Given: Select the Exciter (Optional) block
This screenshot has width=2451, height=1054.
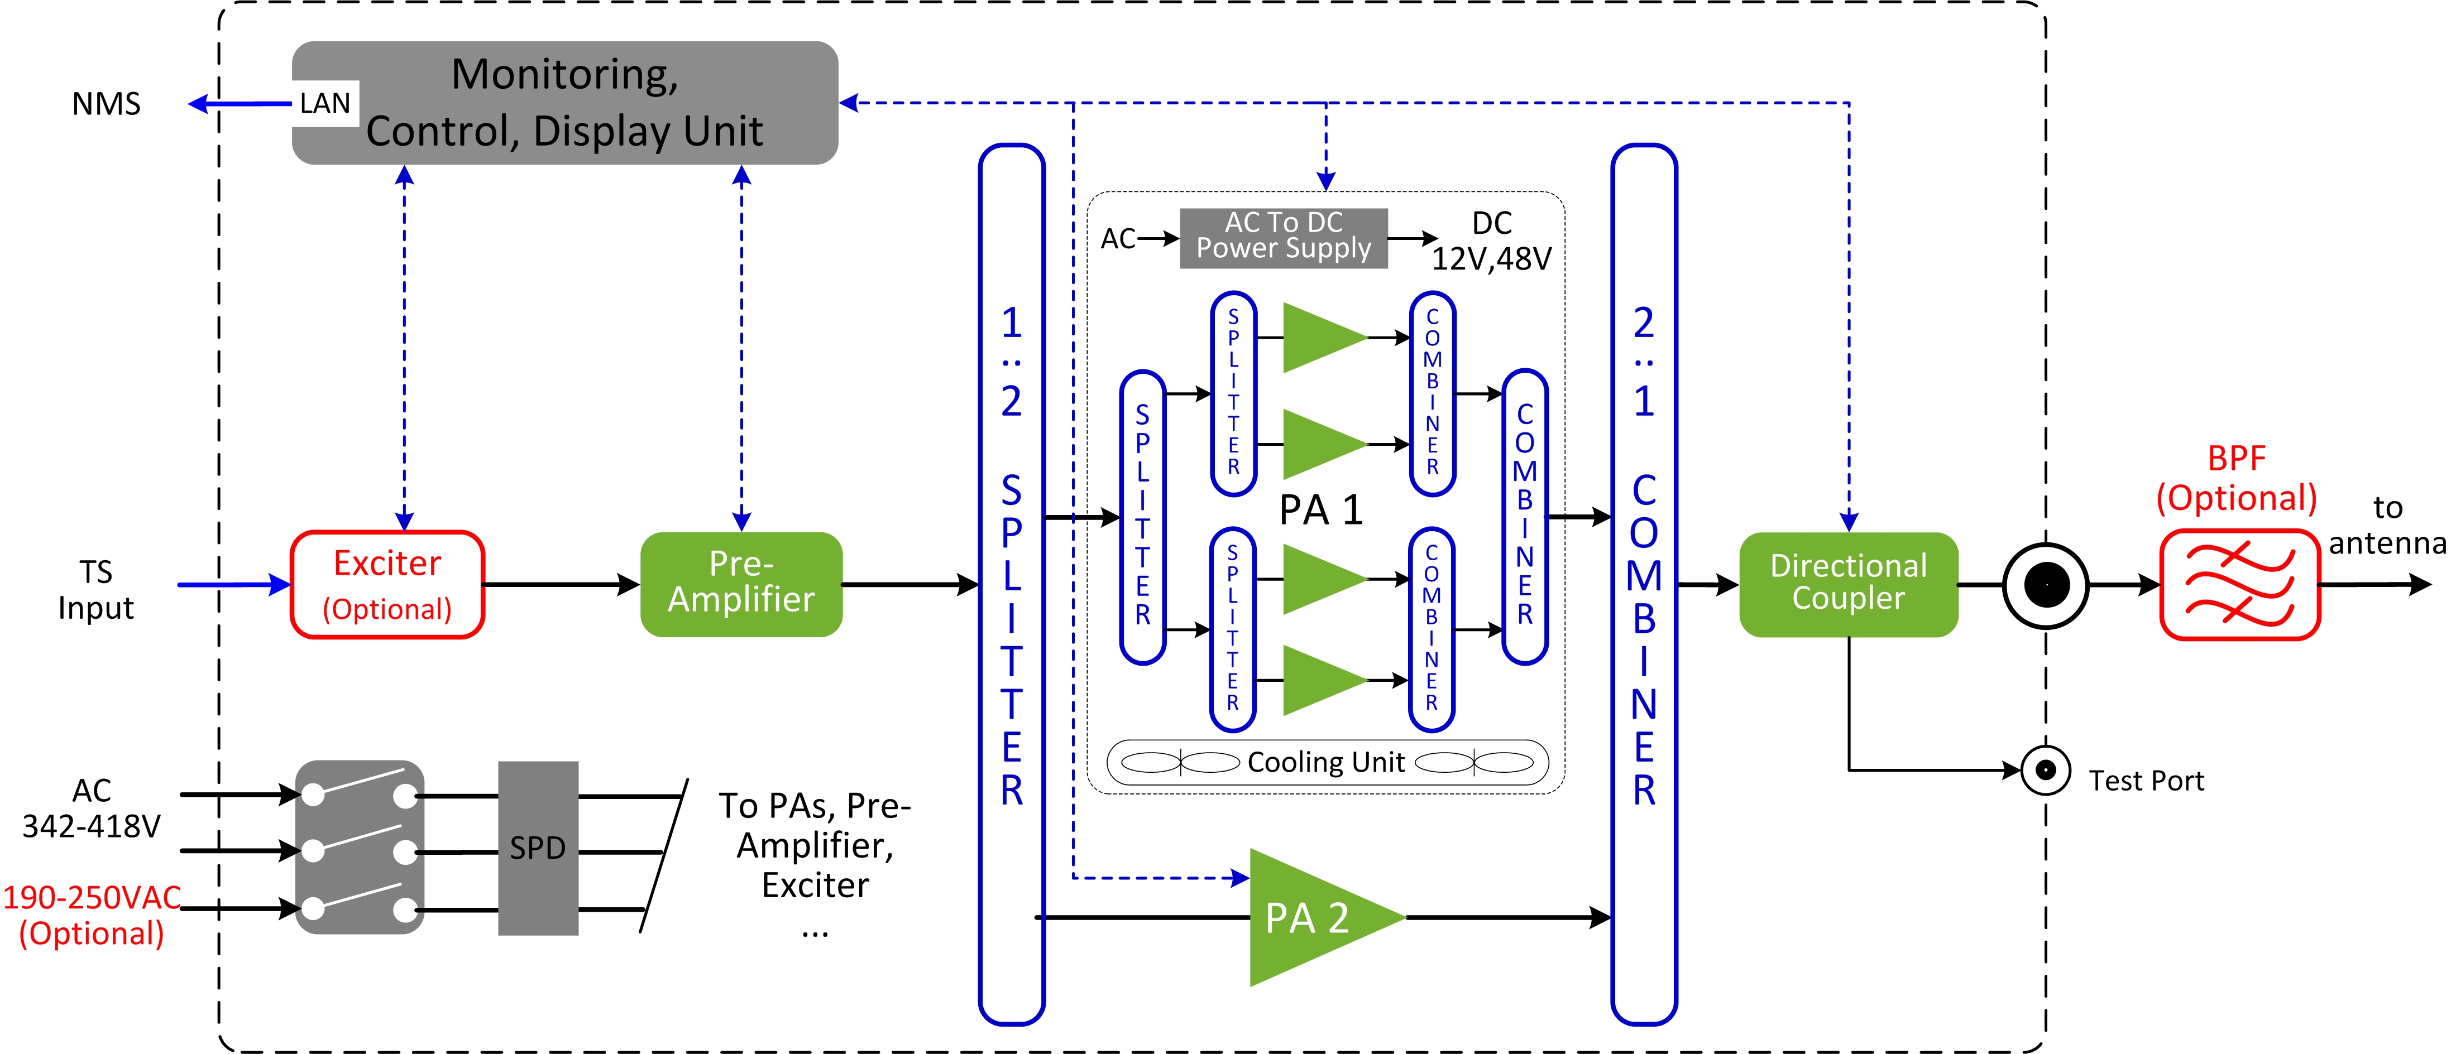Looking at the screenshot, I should coord(387,584).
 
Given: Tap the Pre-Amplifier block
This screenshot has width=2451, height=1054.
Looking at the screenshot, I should coord(741,583).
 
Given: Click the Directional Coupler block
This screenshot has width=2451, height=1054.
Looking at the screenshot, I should coord(1848,583).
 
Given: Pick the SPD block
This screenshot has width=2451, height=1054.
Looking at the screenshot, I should coord(538,848).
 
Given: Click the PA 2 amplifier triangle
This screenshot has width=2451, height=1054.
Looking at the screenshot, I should coord(1313,917).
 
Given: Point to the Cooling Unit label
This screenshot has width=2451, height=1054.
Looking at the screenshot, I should coord(1325,762).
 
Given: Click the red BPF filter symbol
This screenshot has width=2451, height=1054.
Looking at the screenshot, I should coord(2239,584).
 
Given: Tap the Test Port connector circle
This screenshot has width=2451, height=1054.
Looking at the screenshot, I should coord(2045,769).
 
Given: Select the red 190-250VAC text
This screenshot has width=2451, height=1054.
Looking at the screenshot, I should coord(92,898).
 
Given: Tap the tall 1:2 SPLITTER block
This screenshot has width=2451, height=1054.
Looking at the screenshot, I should coord(1012,584).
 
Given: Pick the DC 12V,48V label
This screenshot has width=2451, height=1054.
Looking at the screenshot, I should coord(1491,240).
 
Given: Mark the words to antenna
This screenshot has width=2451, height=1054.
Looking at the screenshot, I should coord(2386,525).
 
